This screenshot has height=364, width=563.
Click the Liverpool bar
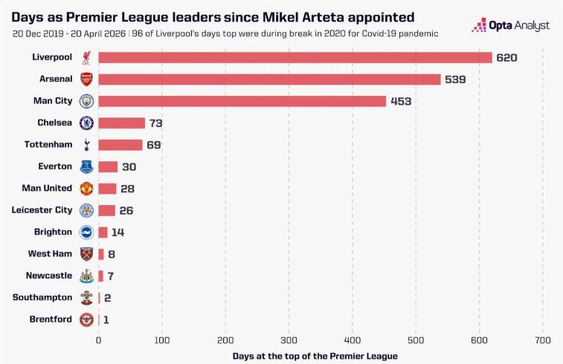click(295, 57)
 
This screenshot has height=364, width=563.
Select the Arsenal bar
click(269, 79)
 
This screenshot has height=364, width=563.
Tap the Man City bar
click(242, 101)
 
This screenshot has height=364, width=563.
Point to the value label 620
click(506, 57)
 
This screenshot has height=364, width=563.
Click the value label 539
click(455, 79)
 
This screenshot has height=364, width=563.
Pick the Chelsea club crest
click(86, 123)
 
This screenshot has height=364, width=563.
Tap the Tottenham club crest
click(86, 145)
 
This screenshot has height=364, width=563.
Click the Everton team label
click(55, 166)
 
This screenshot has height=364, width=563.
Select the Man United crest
click(86, 189)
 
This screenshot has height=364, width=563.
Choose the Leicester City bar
click(106, 210)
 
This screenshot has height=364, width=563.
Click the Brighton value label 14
click(118, 232)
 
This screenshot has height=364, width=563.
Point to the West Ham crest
click(86, 254)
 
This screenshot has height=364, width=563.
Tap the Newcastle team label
click(49, 276)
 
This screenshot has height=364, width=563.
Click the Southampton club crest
click(86, 298)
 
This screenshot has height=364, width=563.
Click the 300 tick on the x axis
click(289, 340)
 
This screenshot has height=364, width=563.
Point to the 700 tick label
click(542, 340)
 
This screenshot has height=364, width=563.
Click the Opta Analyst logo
click(511, 25)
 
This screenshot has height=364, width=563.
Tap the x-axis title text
click(315, 356)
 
